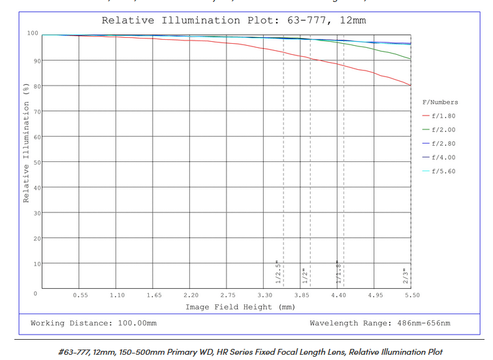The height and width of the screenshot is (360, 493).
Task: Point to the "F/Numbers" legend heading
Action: click(x=440, y=102)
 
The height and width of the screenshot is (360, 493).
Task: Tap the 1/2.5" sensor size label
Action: click(x=278, y=273)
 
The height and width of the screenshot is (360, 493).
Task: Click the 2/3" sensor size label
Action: click(x=406, y=276)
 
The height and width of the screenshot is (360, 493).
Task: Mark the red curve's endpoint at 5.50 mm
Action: click(x=411, y=86)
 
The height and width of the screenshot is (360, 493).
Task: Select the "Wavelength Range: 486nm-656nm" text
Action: click(x=379, y=323)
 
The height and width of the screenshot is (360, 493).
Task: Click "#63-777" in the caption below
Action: click(x=74, y=352)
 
